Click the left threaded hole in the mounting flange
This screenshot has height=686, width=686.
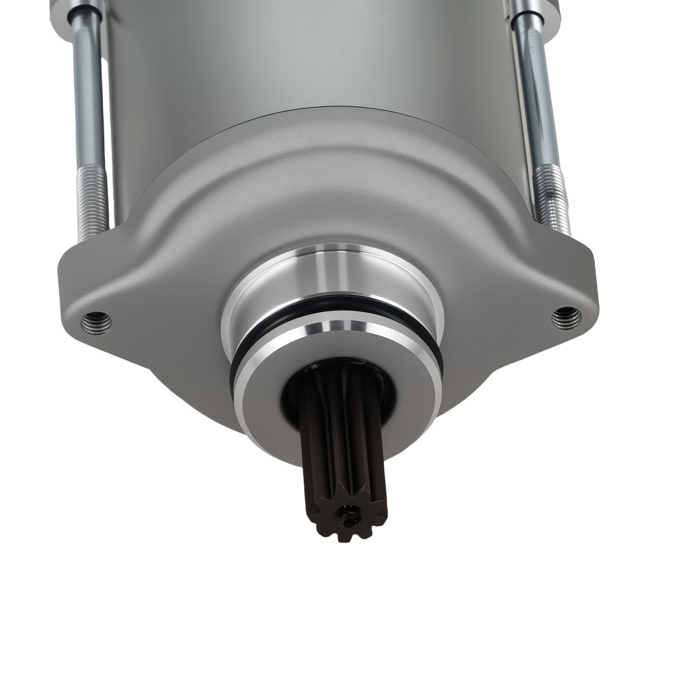[x=95, y=320]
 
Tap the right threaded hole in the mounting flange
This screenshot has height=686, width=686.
[x=566, y=317]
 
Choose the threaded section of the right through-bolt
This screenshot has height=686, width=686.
[x=552, y=199]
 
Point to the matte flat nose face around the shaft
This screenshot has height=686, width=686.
[x=268, y=405]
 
